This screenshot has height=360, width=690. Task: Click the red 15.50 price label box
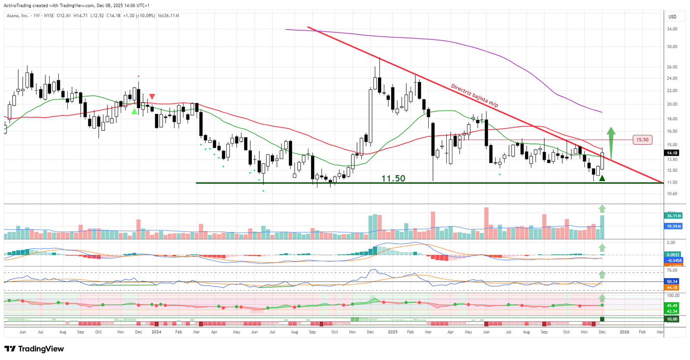tap(642, 140)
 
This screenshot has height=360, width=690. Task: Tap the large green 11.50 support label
tap(393, 178)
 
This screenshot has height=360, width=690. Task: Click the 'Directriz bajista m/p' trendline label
tap(474, 95)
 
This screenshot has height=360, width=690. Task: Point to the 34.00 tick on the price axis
tap(672, 29)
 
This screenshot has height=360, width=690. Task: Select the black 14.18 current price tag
tap(672, 153)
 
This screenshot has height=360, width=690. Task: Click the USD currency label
tap(672, 17)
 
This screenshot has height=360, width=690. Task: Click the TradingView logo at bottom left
tap(34, 349)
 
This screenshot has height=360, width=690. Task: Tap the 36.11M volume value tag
tap(673, 216)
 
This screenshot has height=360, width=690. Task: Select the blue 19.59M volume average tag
tap(673, 226)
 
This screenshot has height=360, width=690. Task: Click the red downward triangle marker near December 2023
tap(152, 97)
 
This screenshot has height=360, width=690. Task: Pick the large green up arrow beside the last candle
tap(611, 142)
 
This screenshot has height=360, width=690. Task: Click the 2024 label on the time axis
tap(156, 332)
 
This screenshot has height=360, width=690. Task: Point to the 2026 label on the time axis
tap(624, 332)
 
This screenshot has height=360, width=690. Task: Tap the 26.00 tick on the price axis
tap(672, 67)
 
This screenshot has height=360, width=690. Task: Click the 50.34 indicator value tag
tap(672, 282)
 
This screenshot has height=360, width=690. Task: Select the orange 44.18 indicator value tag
tap(672, 288)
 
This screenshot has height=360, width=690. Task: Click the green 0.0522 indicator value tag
tap(673, 255)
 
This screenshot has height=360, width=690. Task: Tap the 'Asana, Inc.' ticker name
tap(18, 16)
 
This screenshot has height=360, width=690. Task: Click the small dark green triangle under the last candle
tap(602, 178)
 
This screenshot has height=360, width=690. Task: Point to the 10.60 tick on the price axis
tap(672, 194)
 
